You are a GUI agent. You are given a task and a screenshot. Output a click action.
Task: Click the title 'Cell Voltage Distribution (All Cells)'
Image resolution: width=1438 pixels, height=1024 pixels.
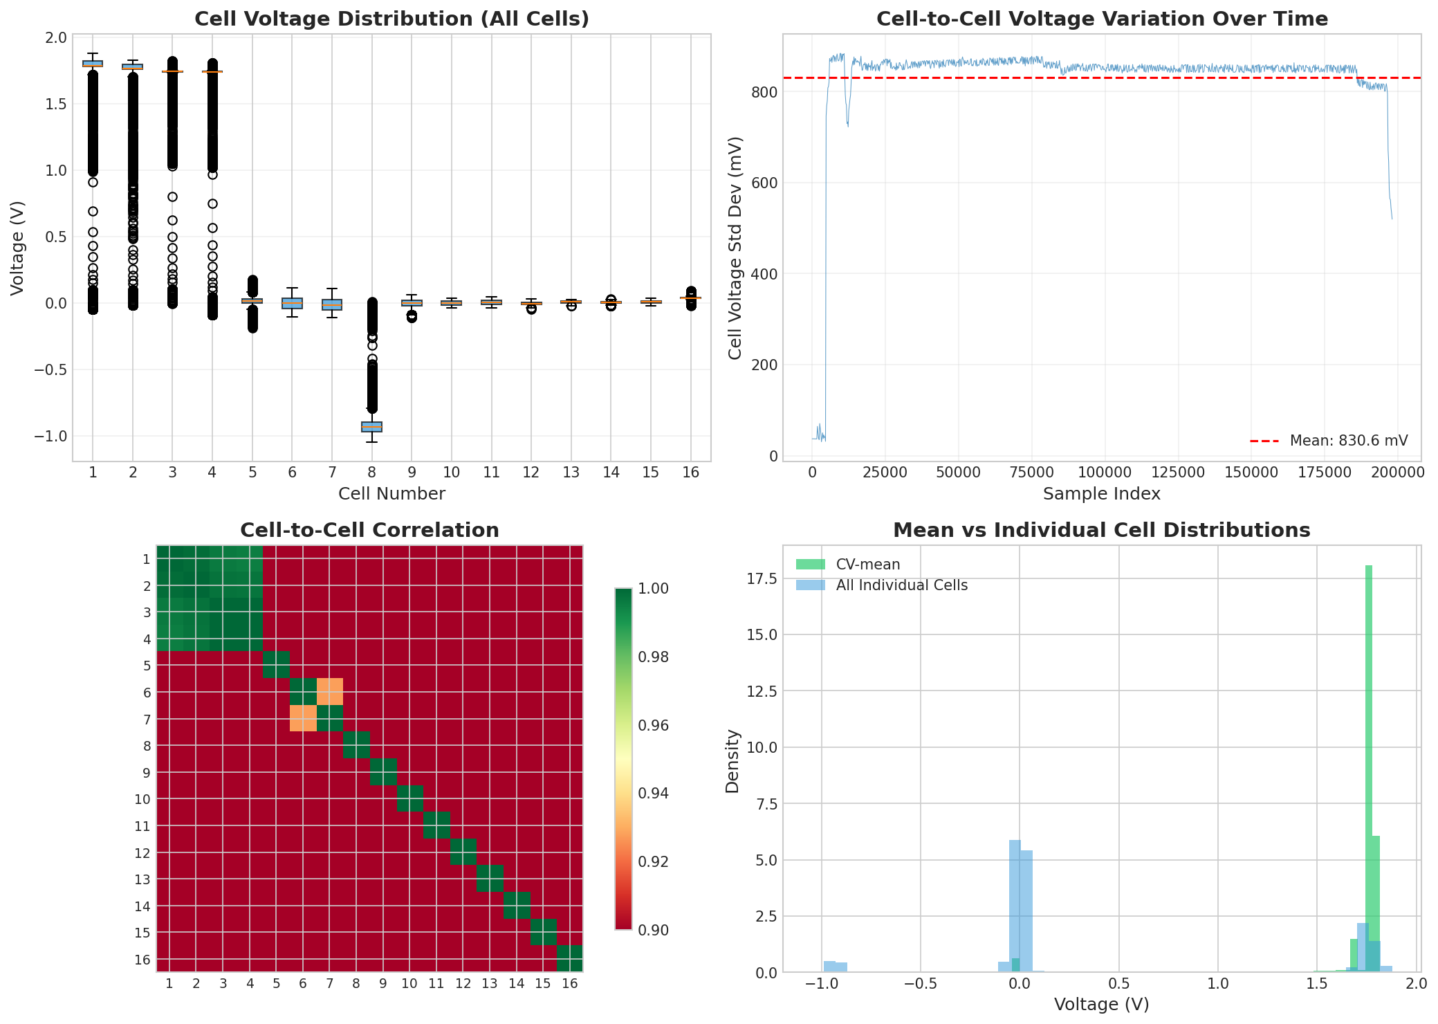[x=391, y=19]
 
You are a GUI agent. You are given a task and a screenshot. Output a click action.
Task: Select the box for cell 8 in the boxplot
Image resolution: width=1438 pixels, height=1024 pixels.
[x=371, y=427]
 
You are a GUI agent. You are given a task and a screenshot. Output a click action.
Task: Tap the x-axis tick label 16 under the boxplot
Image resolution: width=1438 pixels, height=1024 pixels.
[x=690, y=473]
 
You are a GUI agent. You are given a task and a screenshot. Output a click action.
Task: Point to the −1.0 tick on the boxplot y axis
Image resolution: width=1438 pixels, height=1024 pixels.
[x=48, y=437]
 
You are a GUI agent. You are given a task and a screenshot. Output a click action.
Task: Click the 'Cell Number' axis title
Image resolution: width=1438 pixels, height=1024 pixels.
[x=391, y=494]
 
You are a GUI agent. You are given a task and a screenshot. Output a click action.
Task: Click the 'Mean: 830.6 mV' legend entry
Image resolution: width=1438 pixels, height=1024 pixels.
[x=1348, y=441]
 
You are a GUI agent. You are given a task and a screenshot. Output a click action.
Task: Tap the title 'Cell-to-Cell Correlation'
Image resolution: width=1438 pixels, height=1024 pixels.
[x=369, y=531]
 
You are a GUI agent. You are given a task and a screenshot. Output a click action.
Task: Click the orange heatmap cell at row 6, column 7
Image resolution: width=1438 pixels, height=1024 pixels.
[x=330, y=691]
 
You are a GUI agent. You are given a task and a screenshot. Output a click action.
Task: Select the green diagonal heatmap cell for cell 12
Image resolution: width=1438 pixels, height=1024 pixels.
[x=463, y=852]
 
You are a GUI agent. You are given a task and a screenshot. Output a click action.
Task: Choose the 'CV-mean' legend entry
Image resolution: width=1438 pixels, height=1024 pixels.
[x=867, y=565]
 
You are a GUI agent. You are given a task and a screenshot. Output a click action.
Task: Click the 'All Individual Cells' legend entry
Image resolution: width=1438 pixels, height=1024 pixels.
[x=901, y=585]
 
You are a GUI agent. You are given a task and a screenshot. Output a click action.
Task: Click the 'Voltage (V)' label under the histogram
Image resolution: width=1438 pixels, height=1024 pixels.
[x=1101, y=1005]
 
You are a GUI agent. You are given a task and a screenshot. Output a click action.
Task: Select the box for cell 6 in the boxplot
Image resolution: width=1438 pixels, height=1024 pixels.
[x=292, y=303]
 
